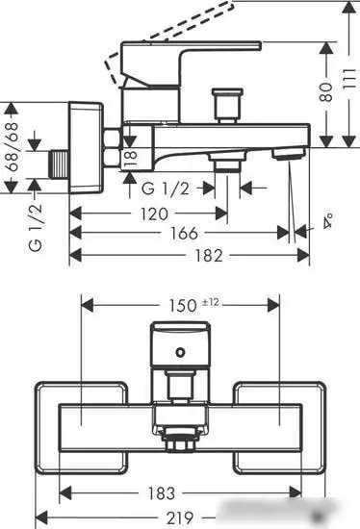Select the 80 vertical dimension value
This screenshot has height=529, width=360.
[x=327, y=92]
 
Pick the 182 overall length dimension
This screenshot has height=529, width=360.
[x=189, y=255]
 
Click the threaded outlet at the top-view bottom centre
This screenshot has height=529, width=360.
[x=180, y=444]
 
